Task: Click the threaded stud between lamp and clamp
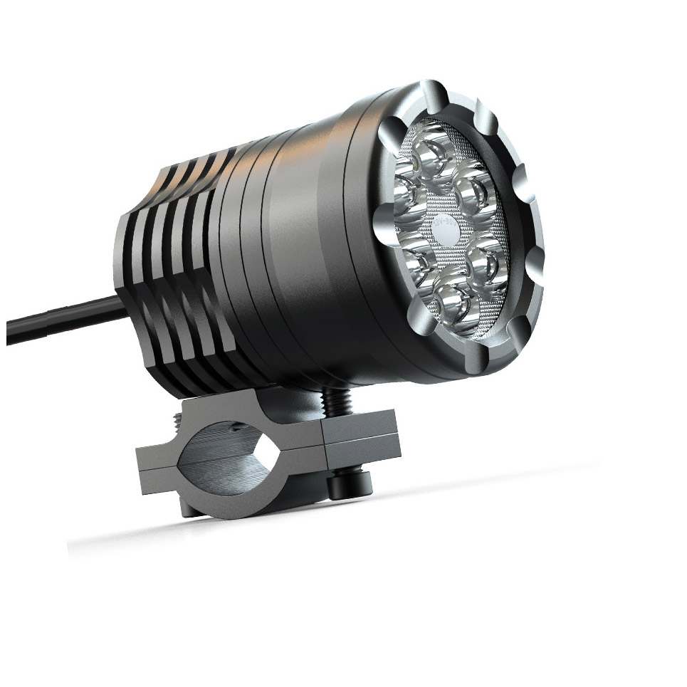334,402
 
